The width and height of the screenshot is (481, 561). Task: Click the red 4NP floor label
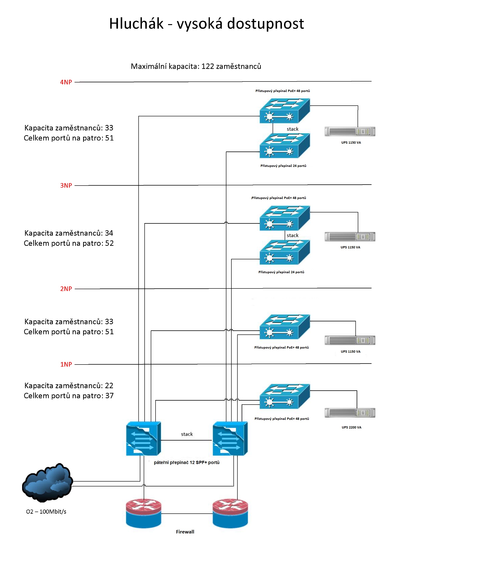[66, 82]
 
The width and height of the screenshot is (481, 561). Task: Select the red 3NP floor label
[66, 186]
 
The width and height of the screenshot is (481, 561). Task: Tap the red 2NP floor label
[66, 289]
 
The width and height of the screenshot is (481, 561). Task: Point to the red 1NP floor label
[66, 364]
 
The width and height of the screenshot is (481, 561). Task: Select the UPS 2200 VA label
[351, 427]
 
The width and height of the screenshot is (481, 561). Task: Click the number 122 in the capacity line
[207, 66]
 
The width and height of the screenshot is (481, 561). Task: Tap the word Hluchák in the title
[136, 23]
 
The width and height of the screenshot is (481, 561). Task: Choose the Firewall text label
[185, 531]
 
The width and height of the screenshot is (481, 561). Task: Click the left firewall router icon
[143, 513]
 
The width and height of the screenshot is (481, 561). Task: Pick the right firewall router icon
[230, 513]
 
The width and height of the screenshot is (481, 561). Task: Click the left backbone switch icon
[143, 439]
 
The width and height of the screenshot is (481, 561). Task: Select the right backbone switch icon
[230, 439]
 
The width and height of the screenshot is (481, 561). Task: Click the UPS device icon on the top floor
[350, 132]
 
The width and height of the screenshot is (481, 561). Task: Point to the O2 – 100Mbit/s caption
[46, 511]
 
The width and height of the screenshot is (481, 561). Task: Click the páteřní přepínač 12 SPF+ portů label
[187, 462]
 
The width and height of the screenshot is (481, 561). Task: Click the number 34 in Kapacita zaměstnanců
[109, 233]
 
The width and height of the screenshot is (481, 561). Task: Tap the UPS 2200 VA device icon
[350, 413]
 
